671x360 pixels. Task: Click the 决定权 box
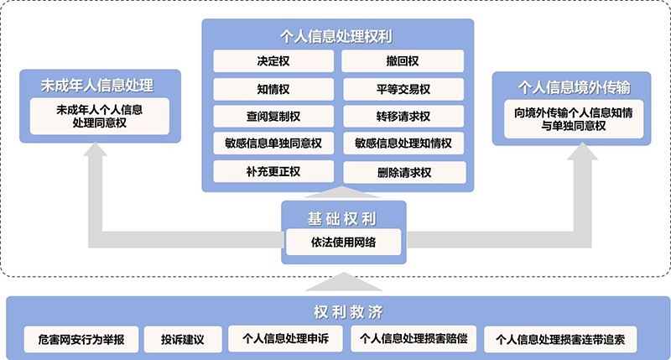pyautogui.click(x=273, y=61)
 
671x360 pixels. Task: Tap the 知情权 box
pyautogui.click(x=273, y=89)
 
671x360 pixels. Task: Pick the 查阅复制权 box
pyautogui.click(x=273, y=116)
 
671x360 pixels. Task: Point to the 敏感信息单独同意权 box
pyautogui.click(x=273, y=143)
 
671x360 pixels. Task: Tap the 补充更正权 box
pyautogui.click(x=273, y=171)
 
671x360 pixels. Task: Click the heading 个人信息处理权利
pyautogui.click(x=337, y=37)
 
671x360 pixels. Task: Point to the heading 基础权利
pyautogui.click(x=343, y=218)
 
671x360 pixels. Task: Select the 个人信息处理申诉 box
pyautogui.click(x=285, y=340)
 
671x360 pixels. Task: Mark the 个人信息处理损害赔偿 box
pyautogui.click(x=414, y=340)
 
